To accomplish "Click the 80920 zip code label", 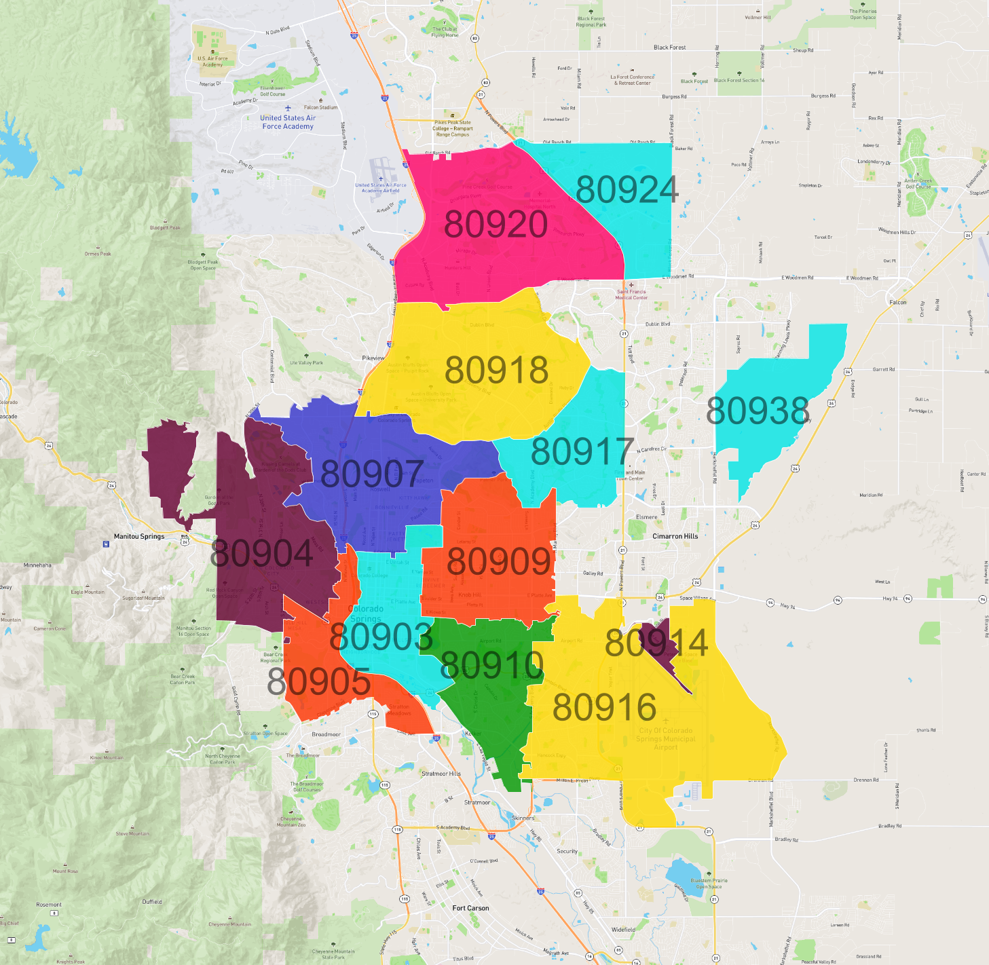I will tap(496, 225).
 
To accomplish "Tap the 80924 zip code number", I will tap(627, 190).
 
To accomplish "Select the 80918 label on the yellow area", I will tap(496, 371).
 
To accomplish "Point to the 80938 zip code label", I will tap(758, 411).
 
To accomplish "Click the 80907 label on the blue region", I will tap(372, 474).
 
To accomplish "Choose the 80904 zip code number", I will tap(261, 554).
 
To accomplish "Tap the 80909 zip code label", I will tap(499, 561).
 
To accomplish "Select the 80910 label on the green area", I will tap(492, 665).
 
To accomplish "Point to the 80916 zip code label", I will tap(604, 708).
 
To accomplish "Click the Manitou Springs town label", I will tap(139, 536).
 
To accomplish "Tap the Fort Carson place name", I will tap(470, 908).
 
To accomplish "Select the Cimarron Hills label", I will tap(675, 536).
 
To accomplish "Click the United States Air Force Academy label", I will tap(288, 122).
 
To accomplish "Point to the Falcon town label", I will tap(897, 302).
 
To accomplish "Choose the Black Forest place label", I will tap(669, 48).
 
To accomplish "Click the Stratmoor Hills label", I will tap(441, 774).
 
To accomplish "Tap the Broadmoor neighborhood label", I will tap(326, 734).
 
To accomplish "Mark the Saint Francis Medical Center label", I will tap(631, 295).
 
